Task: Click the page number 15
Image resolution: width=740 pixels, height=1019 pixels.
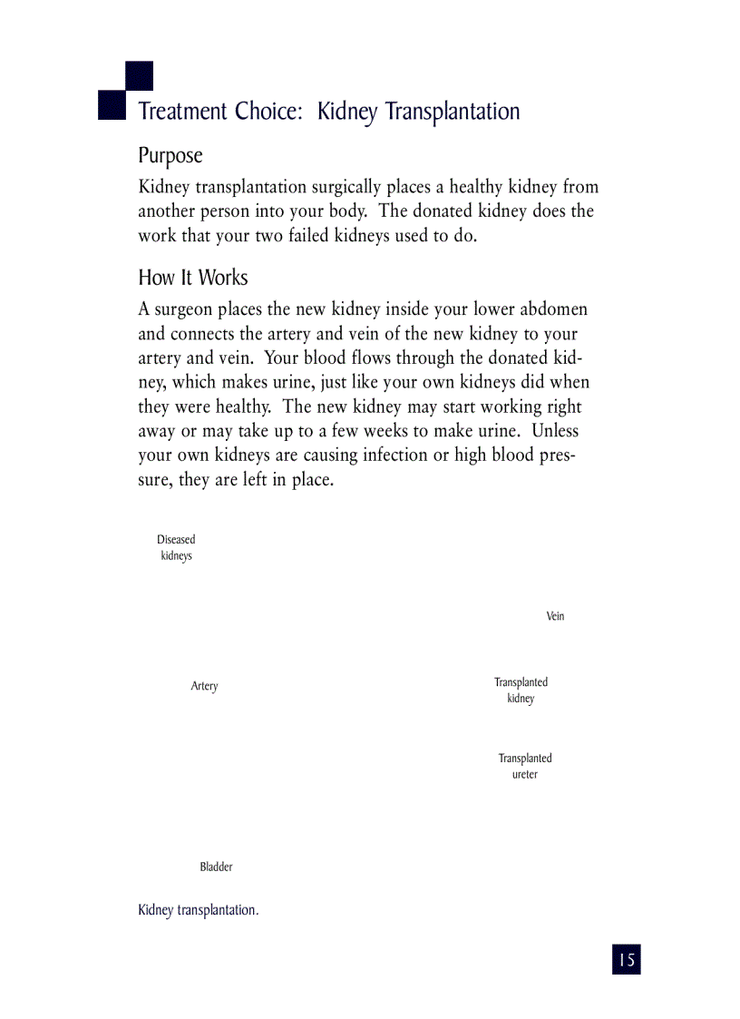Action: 626,959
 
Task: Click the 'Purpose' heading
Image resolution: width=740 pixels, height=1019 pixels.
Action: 170,156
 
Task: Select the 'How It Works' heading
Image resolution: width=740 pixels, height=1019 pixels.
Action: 192,278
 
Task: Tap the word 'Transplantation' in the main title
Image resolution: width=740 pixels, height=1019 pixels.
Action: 453,112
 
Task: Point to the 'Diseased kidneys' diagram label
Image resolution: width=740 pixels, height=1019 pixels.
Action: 176,547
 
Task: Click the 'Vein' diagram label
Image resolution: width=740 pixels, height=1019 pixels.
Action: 555,616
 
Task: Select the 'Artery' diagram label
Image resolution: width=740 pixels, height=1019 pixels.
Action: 204,686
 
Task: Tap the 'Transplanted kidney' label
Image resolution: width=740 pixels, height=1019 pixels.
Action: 521,691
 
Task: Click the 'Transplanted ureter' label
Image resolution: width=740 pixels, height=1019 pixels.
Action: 524,766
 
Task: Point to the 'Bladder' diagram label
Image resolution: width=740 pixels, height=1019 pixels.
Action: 216,867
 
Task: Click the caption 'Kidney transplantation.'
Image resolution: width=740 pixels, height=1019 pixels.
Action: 198,910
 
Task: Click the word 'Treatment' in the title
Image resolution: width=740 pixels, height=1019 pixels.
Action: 182,112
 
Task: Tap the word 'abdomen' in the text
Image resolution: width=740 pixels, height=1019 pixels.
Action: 553,310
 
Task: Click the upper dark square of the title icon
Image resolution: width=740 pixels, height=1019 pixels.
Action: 139,75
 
